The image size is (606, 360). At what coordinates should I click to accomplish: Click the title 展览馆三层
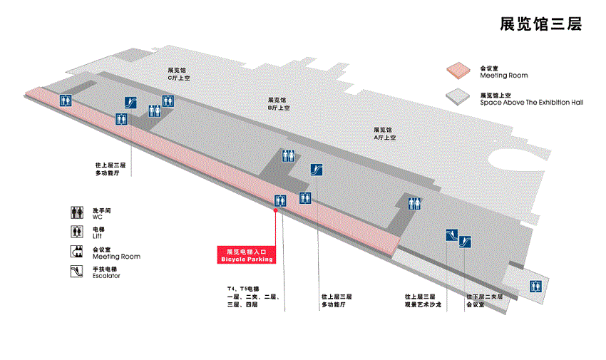tap(541, 24)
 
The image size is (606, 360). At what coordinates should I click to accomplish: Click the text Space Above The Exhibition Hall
tap(531, 103)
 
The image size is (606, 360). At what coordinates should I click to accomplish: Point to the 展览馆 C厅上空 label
tap(178, 74)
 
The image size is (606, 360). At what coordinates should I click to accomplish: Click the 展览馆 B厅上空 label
tap(278, 104)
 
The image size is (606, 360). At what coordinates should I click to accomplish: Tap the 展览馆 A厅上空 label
tap(384, 133)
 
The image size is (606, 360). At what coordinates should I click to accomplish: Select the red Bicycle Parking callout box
tap(245, 255)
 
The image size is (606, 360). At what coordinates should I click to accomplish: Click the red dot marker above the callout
tap(276, 210)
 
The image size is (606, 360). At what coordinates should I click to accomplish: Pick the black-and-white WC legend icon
tap(78, 212)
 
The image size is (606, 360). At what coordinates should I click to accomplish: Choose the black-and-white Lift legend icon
tap(78, 232)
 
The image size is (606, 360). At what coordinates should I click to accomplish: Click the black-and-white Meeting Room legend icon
tap(78, 251)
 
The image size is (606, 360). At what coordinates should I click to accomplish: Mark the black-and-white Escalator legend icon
tap(78, 271)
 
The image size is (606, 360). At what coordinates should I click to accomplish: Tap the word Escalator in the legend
tap(106, 276)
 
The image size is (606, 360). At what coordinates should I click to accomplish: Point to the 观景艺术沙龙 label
tap(423, 304)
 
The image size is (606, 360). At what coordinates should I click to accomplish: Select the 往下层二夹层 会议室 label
tap(485, 300)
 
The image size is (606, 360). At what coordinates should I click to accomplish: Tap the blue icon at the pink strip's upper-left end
tap(66, 101)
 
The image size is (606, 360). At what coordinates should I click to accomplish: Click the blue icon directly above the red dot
tap(280, 201)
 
